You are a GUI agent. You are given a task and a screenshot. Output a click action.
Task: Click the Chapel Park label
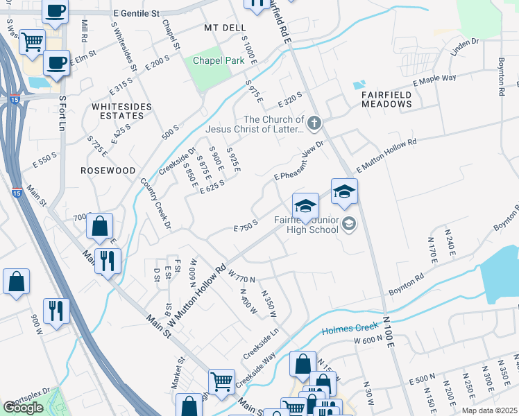pos(219,61)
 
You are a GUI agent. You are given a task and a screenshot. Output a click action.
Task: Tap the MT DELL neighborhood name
pos(225,28)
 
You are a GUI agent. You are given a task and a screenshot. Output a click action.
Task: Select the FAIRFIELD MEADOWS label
pos(386,98)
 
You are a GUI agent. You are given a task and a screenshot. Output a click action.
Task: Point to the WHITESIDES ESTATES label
pos(118,111)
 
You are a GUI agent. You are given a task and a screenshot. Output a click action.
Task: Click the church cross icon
pos(314,124)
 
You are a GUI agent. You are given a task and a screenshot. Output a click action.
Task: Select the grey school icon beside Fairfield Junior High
pos(348,223)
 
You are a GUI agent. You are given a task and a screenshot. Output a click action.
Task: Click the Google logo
pos(23,408)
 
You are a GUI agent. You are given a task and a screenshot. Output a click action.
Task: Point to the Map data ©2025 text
pos(489,410)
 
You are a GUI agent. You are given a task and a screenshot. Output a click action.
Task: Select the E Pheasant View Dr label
pos(299,161)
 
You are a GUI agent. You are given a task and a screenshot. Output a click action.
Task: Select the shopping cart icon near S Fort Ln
pos(32,43)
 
